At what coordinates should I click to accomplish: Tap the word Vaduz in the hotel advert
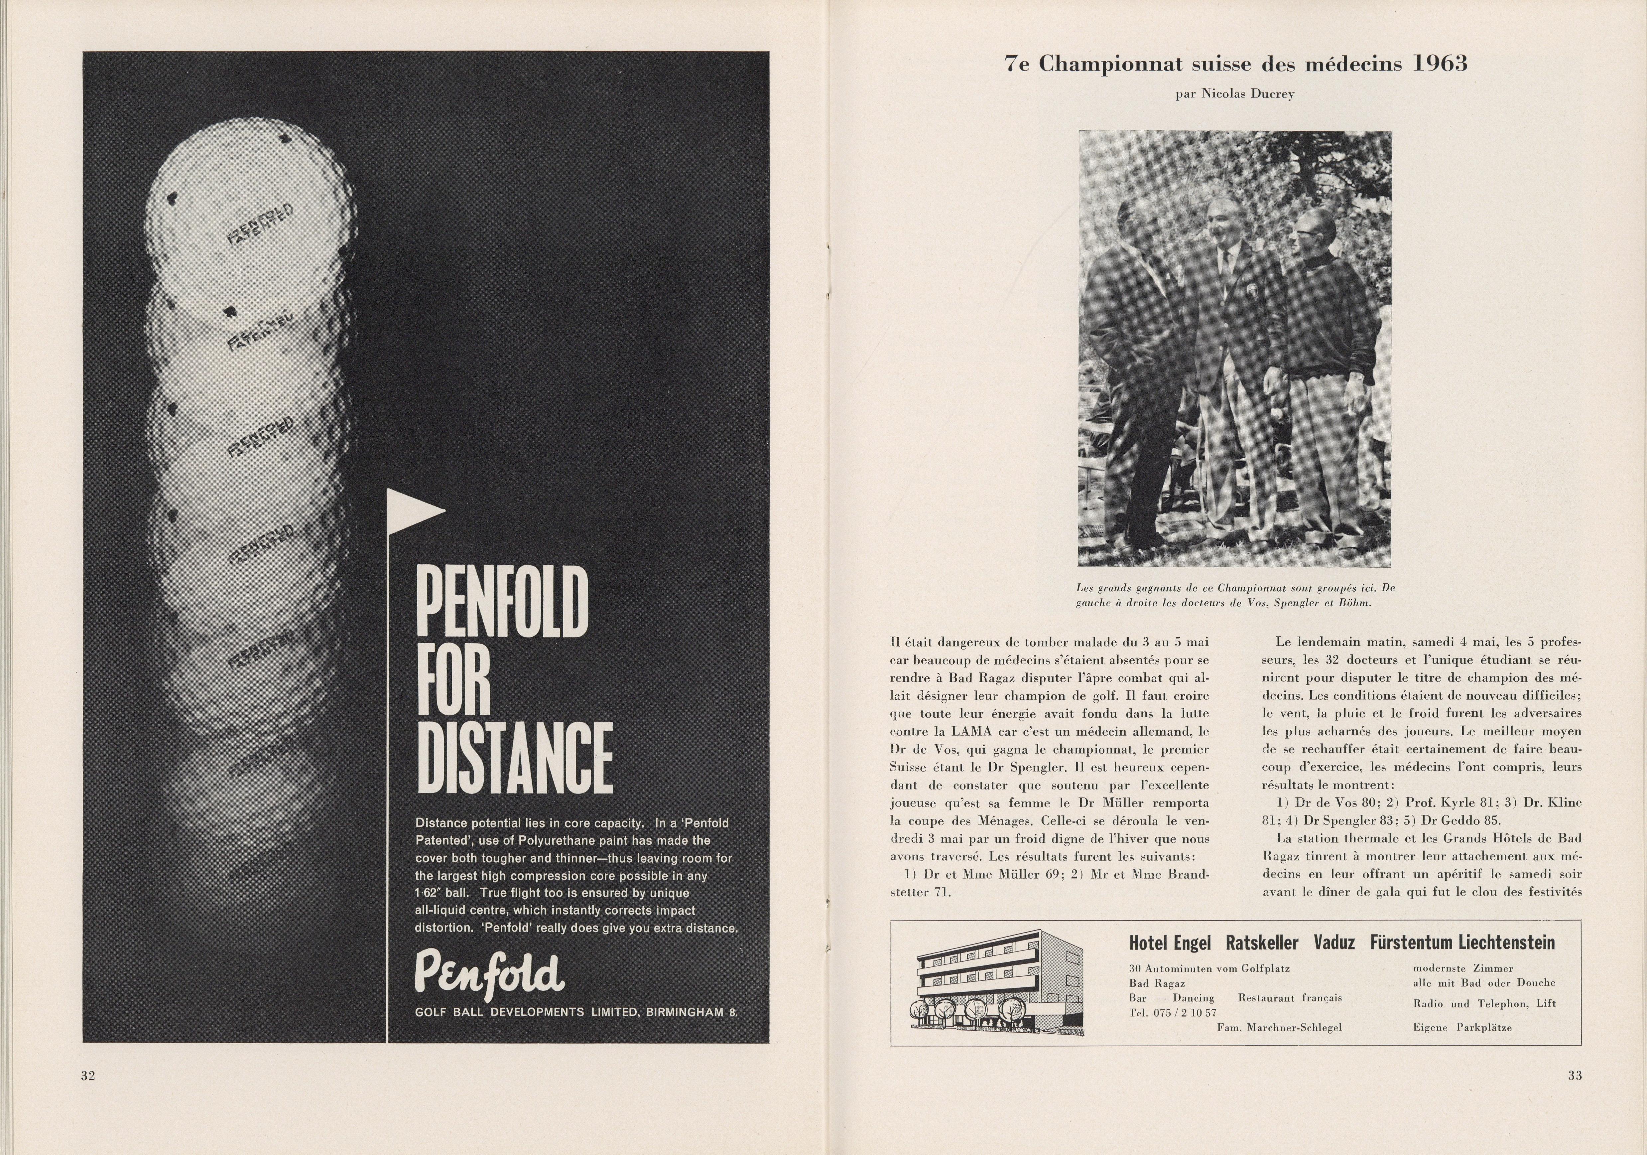[1333, 942]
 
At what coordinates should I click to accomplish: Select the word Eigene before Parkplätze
[1432, 1027]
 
